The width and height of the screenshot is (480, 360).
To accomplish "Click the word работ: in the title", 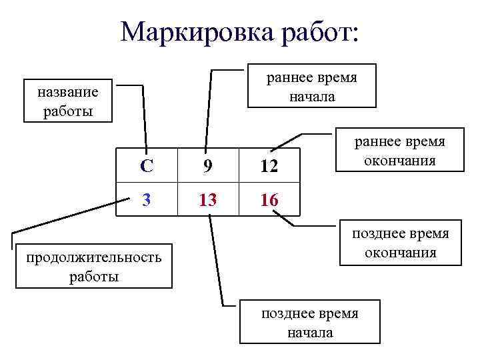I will tap(320, 31).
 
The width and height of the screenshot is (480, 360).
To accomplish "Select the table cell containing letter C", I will tap(147, 167).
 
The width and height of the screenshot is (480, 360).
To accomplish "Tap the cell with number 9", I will tap(208, 167).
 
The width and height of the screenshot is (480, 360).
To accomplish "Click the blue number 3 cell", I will tap(147, 199).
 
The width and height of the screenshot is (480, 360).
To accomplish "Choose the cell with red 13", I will tap(208, 199).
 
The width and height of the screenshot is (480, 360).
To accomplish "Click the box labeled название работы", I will tap(69, 101).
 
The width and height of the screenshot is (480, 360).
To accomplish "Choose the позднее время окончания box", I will tap(401, 243).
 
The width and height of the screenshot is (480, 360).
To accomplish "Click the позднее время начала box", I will tap(309, 322).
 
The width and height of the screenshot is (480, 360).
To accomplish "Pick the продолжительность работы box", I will tap(93, 267).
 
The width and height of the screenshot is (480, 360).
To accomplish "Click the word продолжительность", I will tap(93, 258).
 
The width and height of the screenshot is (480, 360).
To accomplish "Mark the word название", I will tap(69, 93).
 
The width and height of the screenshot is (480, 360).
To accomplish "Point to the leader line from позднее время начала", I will tap(216, 260).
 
